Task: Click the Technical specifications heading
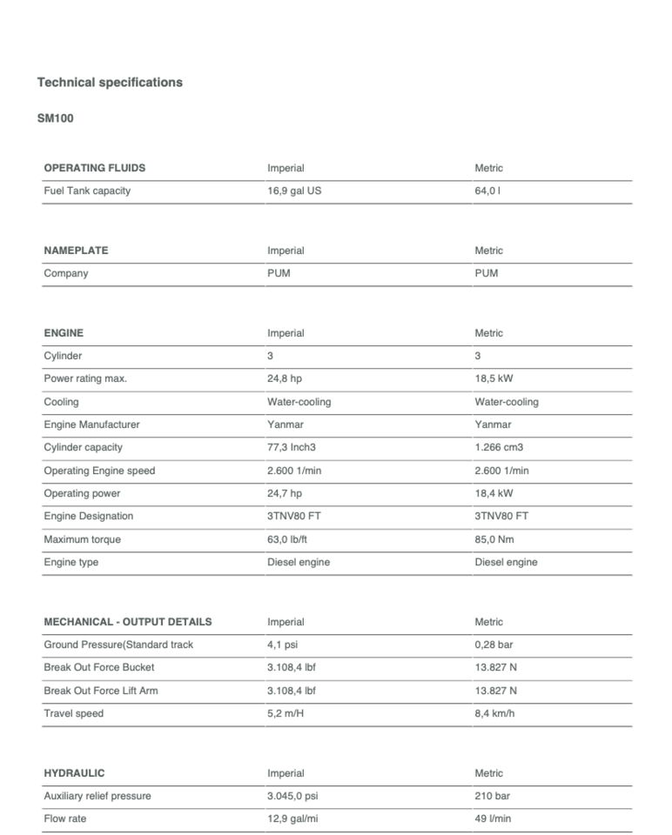(110, 83)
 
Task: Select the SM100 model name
(55, 119)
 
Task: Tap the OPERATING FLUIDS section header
(95, 168)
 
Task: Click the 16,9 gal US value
(294, 191)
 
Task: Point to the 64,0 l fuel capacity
(487, 191)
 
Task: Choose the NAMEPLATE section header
(76, 250)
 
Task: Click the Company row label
(66, 273)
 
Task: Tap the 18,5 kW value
(494, 379)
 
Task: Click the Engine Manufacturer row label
(91, 425)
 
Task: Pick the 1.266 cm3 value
(499, 448)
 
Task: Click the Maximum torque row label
(83, 540)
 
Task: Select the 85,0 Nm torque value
(494, 540)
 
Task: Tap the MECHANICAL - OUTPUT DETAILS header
(128, 622)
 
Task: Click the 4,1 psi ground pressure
(282, 645)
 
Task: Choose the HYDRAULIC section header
(74, 773)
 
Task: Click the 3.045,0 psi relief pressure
(294, 797)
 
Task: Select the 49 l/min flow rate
(494, 819)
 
